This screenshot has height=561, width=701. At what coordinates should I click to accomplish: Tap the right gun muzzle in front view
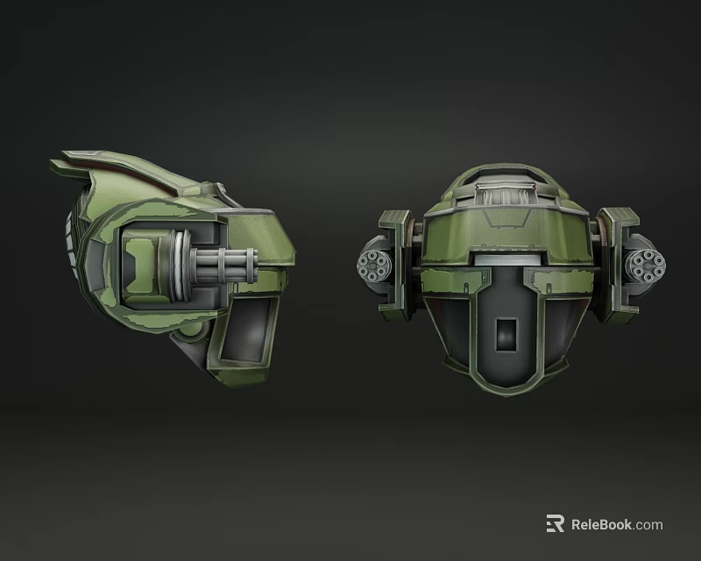pyautogui.click(x=646, y=264)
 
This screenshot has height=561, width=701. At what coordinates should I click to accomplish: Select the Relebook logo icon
pyautogui.click(x=555, y=524)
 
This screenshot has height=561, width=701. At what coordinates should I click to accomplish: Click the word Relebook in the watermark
pyautogui.click(x=602, y=525)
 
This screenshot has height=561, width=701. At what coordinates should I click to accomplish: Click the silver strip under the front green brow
pyautogui.click(x=506, y=259)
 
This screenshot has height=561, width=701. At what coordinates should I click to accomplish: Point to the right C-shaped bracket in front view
pyautogui.click(x=620, y=260)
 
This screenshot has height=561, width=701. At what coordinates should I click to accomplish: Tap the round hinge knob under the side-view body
pyautogui.click(x=188, y=335)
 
